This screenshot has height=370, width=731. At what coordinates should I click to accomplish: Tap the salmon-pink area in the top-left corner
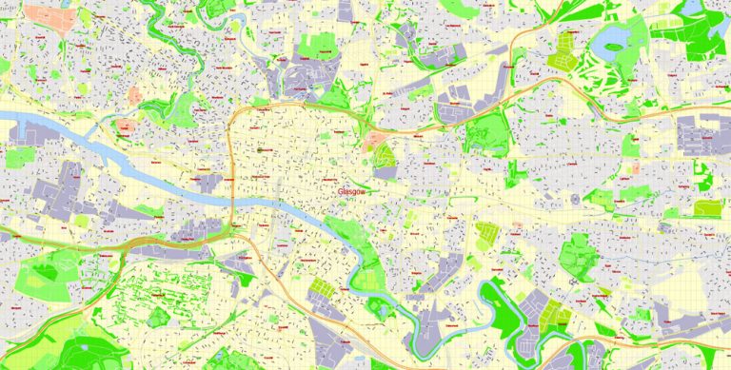[x=42, y=17]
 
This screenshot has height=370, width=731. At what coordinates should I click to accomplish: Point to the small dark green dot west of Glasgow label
[x=258, y=149]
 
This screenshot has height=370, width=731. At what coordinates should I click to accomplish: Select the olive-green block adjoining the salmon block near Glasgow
[x=384, y=155]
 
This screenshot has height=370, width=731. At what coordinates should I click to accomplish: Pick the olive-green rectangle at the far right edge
[x=706, y=207]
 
